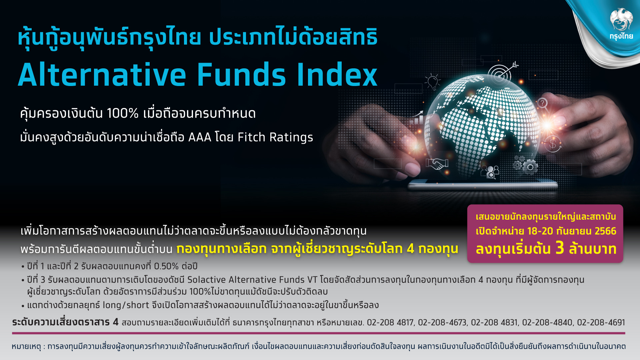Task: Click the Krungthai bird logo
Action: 621,20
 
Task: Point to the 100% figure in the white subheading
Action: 123,114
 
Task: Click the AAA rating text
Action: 200,137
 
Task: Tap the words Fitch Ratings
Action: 275,137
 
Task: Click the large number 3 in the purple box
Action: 560,248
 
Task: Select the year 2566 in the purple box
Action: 605,231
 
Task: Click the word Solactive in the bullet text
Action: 206,280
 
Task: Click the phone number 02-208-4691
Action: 601,323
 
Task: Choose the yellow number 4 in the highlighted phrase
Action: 410,249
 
